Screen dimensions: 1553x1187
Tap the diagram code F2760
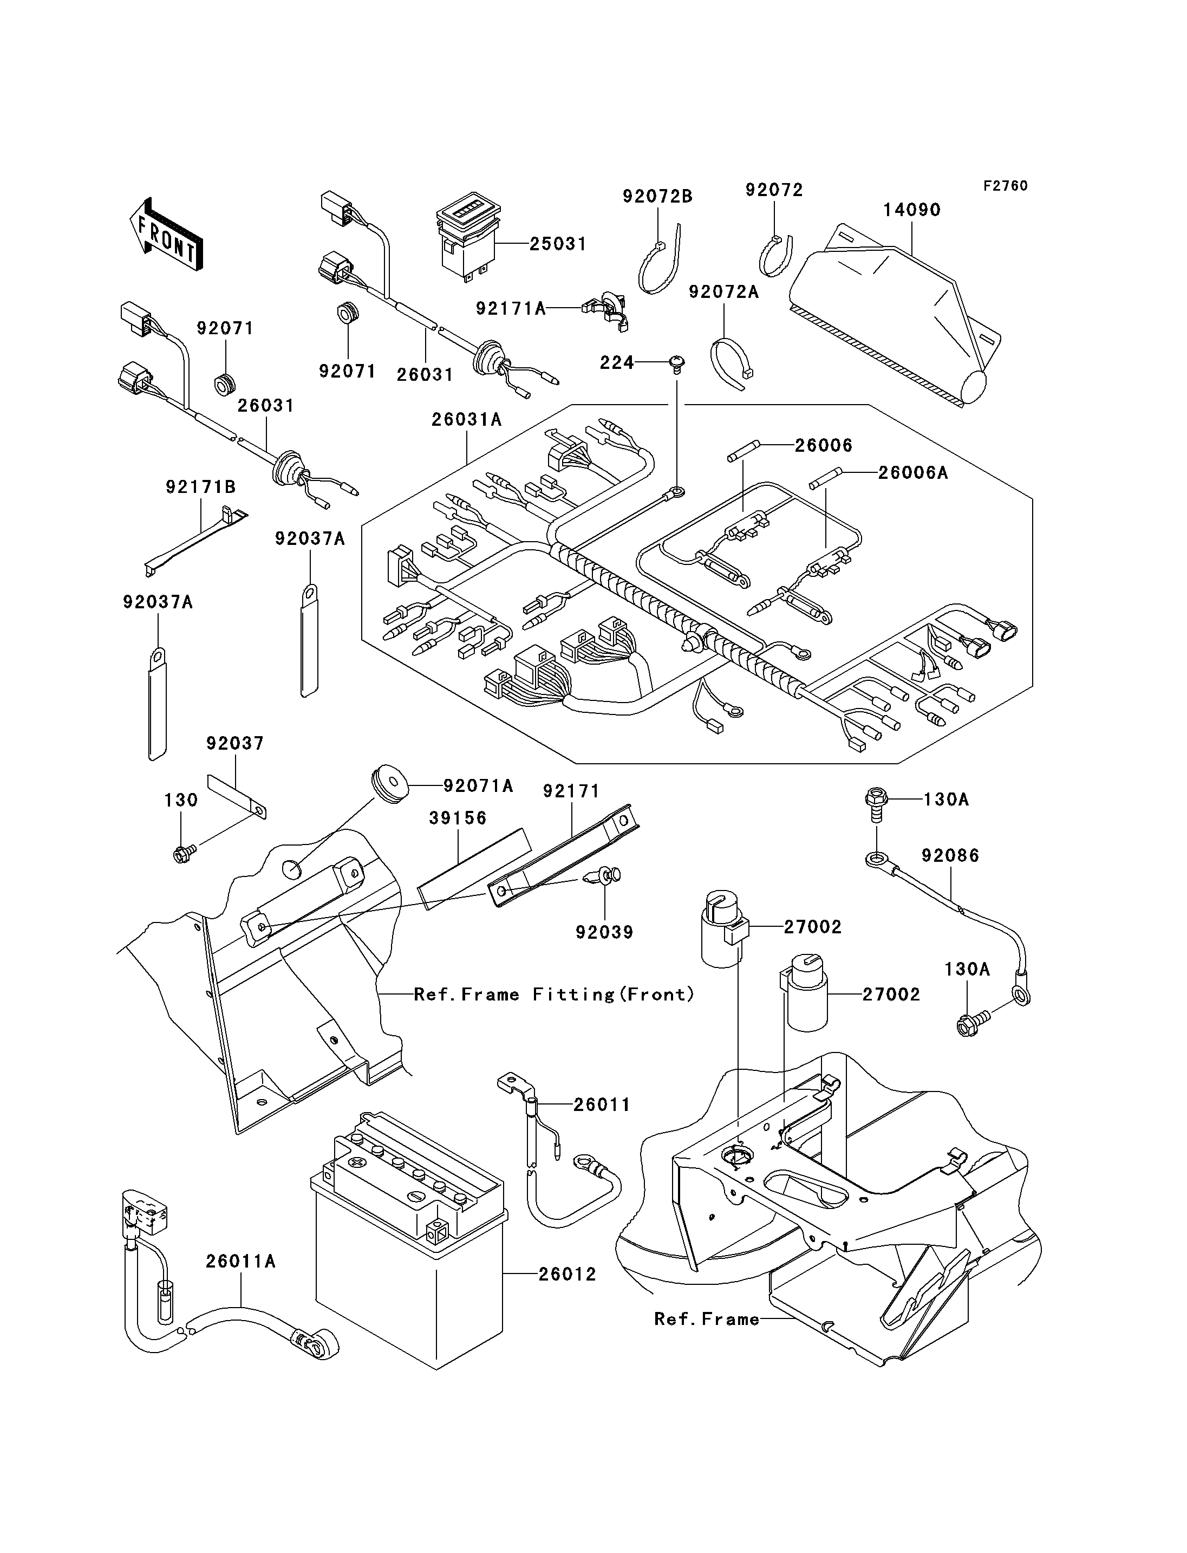point(1006,186)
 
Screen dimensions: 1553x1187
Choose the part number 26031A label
point(466,420)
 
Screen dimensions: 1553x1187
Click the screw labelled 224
point(677,364)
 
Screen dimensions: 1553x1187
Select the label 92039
point(604,932)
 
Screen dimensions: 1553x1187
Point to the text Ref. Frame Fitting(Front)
point(554,995)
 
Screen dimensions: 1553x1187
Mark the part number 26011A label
point(240,1261)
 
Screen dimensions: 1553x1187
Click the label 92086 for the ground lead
point(950,855)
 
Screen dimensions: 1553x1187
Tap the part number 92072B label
point(657,197)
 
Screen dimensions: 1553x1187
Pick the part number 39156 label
point(458,818)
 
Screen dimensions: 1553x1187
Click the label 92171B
point(201,487)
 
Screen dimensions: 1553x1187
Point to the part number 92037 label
point(234,743)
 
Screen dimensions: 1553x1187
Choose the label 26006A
point(913,473)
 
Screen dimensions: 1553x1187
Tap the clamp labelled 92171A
point(606,308)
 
